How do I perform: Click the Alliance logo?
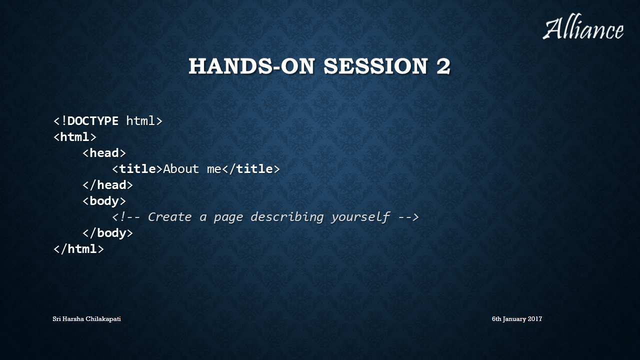[x=583, y=26]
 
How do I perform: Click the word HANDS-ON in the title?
[x=251, y=66]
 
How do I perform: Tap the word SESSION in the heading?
[x=375, y=66]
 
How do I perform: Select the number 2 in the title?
[x=443, y=66]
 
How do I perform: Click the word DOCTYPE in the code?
[x=93, y=121]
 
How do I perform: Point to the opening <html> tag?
[x=75, y=137]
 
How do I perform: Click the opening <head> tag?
[x=104, y=153]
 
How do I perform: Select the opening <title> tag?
[x=137, y=169]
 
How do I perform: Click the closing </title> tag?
[x=251, y=169]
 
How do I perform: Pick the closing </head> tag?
[x=107, y=185]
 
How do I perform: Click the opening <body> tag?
[x=104, y=201]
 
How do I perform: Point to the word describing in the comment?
[x=287, y=217]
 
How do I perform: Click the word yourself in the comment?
[x=361, y=217]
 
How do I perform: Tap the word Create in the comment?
[x=169, y=217]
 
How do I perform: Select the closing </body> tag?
[x=107, y=233]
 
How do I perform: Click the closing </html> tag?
[x=78, y=249]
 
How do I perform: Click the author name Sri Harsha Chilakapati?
[x=86, y=319]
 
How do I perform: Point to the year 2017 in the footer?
[x=535, y=319]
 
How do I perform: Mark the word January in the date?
[x=514, y=319]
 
